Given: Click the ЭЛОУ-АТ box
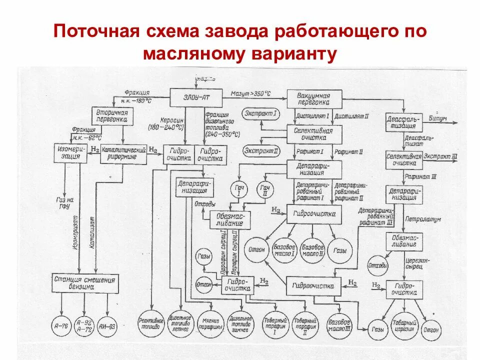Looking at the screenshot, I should (x=197, y=97).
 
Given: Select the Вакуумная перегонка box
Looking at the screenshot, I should (x=314, y=98).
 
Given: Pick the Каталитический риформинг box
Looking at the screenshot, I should (x=123, y=153).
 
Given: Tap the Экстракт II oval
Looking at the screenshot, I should (x=261, y=150).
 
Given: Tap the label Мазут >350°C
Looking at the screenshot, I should (x=257, y=94).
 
